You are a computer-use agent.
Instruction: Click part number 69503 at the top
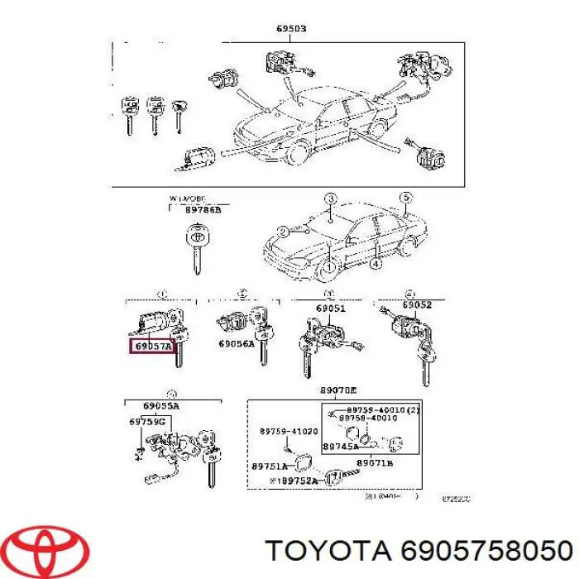click(291, 28)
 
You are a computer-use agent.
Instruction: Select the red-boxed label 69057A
click(152, 346)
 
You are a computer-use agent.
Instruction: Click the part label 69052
click(417, 304)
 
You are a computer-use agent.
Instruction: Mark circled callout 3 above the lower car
click(329, 199)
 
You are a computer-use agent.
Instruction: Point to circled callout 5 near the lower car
click(404, 198)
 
